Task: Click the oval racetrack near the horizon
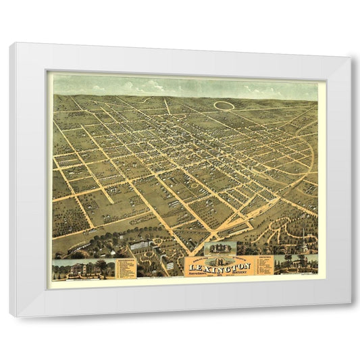click(224, 105)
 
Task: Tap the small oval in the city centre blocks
click(195, 184)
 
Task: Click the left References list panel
click(126, 268)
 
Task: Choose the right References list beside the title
click(264, 265)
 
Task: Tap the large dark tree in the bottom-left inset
click(101, 266)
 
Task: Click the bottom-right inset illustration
click(295, 264)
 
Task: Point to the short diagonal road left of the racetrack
click(167, 106)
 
